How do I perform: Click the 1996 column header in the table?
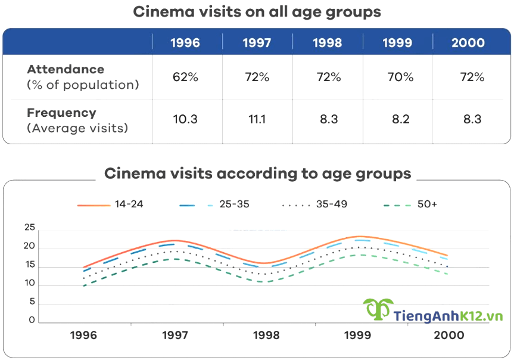click(185, 43)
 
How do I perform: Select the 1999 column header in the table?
click(397, 43)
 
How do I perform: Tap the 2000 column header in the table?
click(468, 43)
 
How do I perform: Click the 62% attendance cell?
click(185, 77)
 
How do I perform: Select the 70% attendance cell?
click(397, 77)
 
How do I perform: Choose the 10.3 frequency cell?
click(185, 119)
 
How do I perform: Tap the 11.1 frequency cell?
click(257, 119)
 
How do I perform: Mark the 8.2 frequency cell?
click(397, 119)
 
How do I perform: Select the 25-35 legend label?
click(235, 204)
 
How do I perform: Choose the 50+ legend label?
click(427, 204)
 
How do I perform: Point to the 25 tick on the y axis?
click(29, 228)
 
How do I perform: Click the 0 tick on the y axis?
click(32, 320)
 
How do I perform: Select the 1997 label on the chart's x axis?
click(175, 336)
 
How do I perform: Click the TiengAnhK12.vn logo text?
click(448, 315)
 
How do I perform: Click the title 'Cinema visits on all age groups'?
click(257, 12)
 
